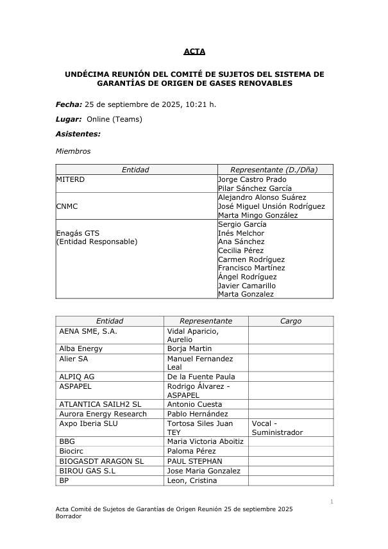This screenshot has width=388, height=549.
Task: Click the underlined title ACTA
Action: pyautogui.click(x=194, y=51)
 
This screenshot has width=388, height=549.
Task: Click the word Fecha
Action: pyautogui.click(x=68, y=104)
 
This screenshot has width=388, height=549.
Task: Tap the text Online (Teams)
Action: pyautogui.click(x=114, y=119)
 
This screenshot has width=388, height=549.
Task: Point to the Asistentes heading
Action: pyautogui.click(x=78, y=135)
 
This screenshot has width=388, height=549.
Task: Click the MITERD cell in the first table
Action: pyautogui.click(x=71, y=179)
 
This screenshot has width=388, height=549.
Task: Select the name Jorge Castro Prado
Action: pyautogui.click(x=252, y=179)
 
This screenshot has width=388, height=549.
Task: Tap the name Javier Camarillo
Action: pyautogui.click(x=247, y=285)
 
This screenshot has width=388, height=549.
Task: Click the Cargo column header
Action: pyautogui.click(x=291, y=321)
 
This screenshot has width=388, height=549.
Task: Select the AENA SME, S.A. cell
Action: pyautogui.click(x=88, y=331)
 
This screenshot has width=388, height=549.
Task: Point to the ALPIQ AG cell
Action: pyautogui.click(x=76, y=377)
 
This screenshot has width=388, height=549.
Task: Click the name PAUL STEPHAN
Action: pyautogui.click(x=194, y=461)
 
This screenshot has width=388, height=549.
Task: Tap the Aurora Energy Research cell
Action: pyautogui.click(x=103, y=414)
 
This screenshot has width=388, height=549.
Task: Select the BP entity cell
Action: pyautogui.click(x=63, y=480)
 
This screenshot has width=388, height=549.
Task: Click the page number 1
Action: pyautogui.click(x=332, y=500)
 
